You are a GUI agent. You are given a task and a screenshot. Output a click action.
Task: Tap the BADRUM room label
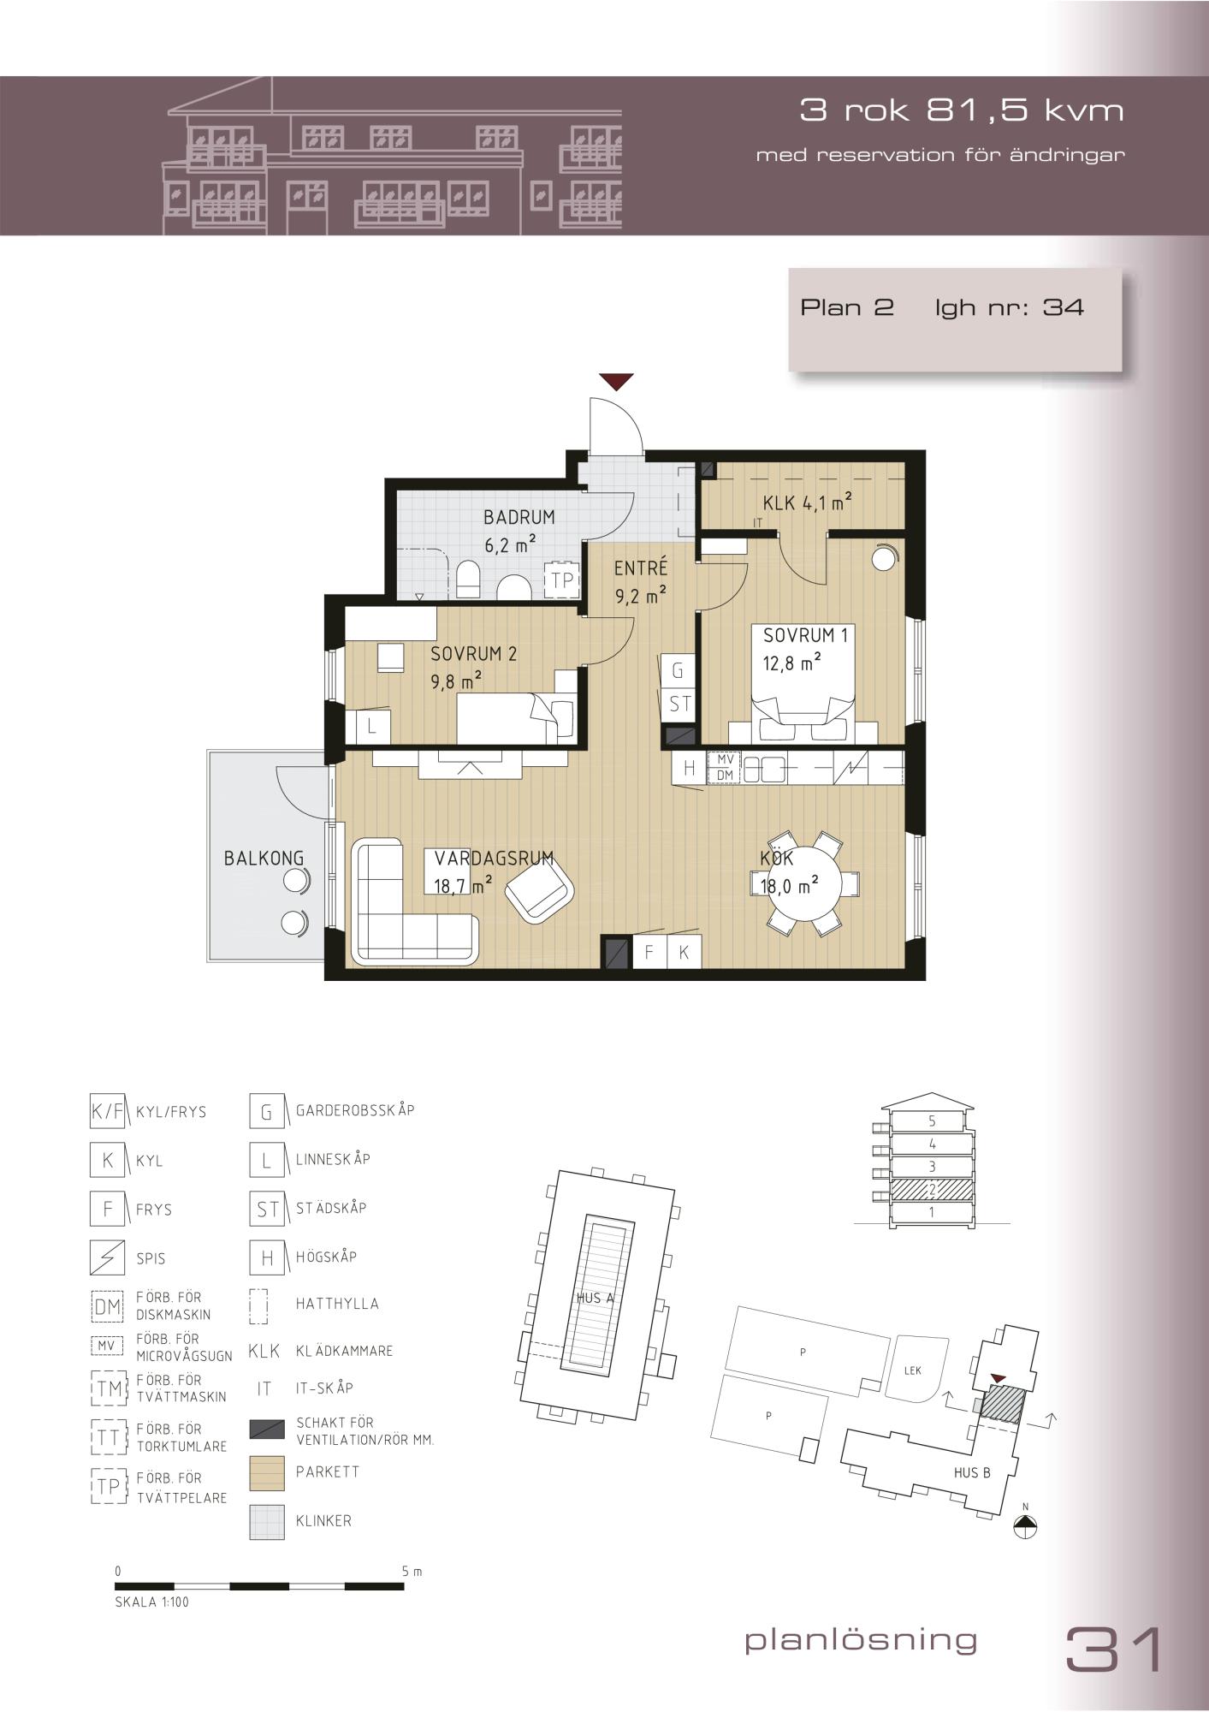tap(519, 517)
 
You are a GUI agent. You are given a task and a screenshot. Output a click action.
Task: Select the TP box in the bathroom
tap(562, 580)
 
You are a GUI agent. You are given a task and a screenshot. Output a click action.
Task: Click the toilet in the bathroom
tap(467, 580)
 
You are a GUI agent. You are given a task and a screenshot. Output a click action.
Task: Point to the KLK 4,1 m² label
tap(807, 502)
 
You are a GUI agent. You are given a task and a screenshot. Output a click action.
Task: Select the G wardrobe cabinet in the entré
tap(677, 671)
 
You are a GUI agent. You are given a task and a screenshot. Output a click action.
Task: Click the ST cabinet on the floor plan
tap(679, 704)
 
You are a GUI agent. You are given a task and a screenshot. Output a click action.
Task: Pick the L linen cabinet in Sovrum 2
tap(372, 727)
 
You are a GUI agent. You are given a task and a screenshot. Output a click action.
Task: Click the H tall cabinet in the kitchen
tap(689, 768)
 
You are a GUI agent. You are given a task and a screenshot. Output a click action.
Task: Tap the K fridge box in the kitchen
tap(684, 952)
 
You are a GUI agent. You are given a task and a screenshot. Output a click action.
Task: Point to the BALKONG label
tap(264, 858)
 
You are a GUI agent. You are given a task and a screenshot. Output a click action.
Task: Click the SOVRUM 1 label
tap(805, 635)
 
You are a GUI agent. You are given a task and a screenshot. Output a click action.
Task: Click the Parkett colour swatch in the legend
tap(267, 1472)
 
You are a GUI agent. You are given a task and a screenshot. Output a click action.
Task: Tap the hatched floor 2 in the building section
tap(932, 1190)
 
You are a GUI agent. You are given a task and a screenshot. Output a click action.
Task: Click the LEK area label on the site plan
tap(913, 1370)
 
